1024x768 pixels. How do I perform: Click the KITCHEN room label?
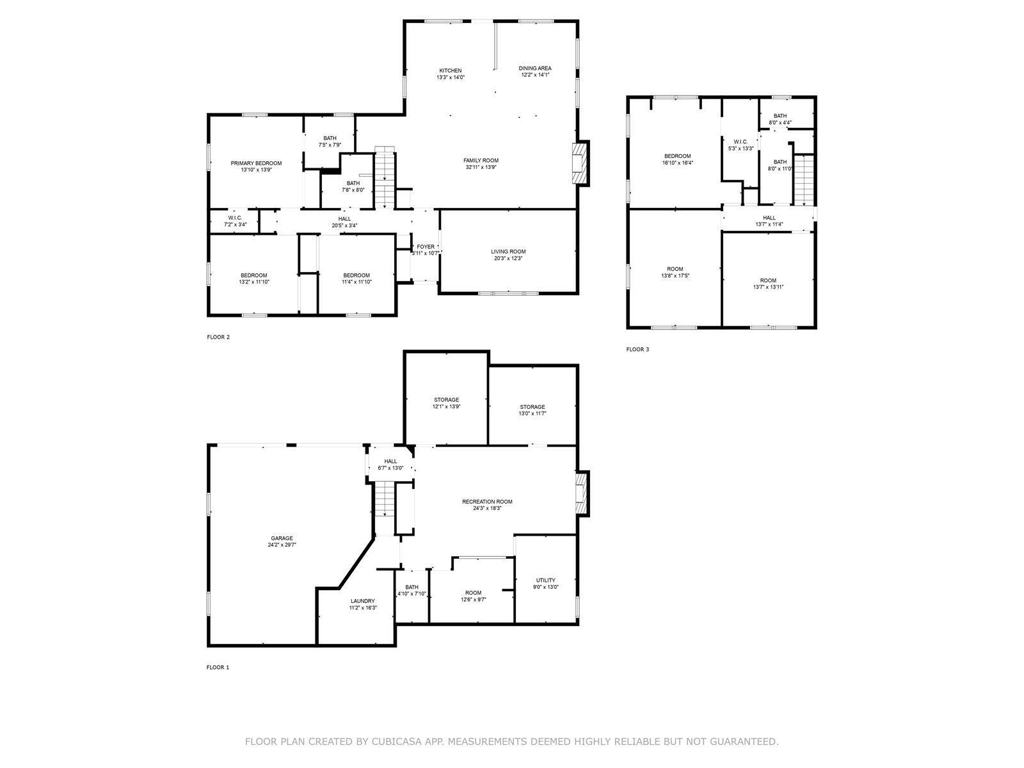click(x=450, y=70)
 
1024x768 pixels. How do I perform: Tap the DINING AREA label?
click(x=534, y=68)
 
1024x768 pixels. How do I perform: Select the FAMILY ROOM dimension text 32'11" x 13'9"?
click(x=481, y=167)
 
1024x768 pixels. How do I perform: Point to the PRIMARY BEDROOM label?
click(x=256, y=163)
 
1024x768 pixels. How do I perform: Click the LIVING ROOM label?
click(x=508, y=252)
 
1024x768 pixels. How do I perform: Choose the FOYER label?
click(x=426, y=246)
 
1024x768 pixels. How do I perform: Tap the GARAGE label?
click(x=282, y=538)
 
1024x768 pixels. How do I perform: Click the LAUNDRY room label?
click(x=362, y=601)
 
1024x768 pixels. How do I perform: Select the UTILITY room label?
click(x=545, y=580)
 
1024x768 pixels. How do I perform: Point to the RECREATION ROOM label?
click(x=487, y=502)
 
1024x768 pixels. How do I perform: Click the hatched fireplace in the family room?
click(x=579, y=164)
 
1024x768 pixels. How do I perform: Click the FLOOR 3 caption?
click(x=637, y=349)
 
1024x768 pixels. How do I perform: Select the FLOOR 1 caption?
click(x=218, y=668)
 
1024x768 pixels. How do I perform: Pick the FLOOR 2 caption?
click(x=218, y=337)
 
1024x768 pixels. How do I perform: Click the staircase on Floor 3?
click(x=804, y=180)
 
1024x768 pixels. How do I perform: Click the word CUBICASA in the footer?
click(x=394, y=741)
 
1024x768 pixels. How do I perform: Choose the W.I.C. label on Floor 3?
click(x=740, y=141)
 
